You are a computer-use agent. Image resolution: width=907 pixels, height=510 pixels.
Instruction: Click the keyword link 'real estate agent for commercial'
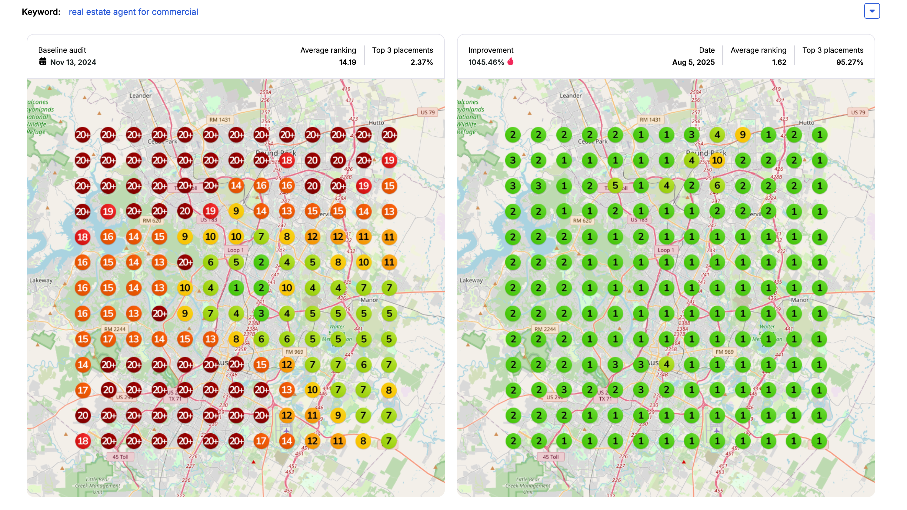click(x=133, y=12)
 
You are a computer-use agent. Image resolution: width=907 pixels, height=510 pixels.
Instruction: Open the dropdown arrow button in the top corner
click(x=872, y=11)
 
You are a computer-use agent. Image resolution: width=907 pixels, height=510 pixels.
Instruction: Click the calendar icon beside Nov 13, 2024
click(x=43, y=62)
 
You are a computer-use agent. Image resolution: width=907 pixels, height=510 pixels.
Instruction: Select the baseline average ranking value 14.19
click(x=347, y=62)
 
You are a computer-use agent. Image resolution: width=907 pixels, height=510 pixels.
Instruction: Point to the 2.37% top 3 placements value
click(x=422, y=62)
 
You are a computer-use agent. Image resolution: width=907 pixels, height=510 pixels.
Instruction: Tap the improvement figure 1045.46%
click(x=486, y=62)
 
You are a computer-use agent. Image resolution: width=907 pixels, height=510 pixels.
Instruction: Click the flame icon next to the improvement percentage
click(x=511, y=62)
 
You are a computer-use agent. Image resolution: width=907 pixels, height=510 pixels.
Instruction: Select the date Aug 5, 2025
click(x=693, y=62)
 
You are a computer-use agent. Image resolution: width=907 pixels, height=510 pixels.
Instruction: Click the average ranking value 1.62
click(x=779, y=62)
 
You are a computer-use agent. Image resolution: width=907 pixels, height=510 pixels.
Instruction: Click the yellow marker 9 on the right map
click(x=742, y=135)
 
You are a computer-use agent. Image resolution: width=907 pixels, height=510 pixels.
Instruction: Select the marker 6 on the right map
click(x=717, y=186)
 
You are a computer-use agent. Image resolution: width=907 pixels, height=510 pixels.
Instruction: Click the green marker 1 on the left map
click(x=236, y=288)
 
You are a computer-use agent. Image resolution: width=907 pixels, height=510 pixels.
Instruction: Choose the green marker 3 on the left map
click(x=261, y=314)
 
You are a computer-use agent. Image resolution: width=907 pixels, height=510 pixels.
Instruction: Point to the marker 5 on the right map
click(x=615, y=185)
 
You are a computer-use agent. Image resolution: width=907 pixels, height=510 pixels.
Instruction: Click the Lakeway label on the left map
click(x=41, y=281)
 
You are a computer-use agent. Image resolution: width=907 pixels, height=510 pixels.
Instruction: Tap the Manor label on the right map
click(x=799, y=300)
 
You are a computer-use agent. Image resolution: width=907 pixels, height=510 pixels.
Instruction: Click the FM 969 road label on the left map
click(x=294, y=352)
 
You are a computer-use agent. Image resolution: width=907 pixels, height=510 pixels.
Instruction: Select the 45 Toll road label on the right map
click(x=550, y=457)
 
